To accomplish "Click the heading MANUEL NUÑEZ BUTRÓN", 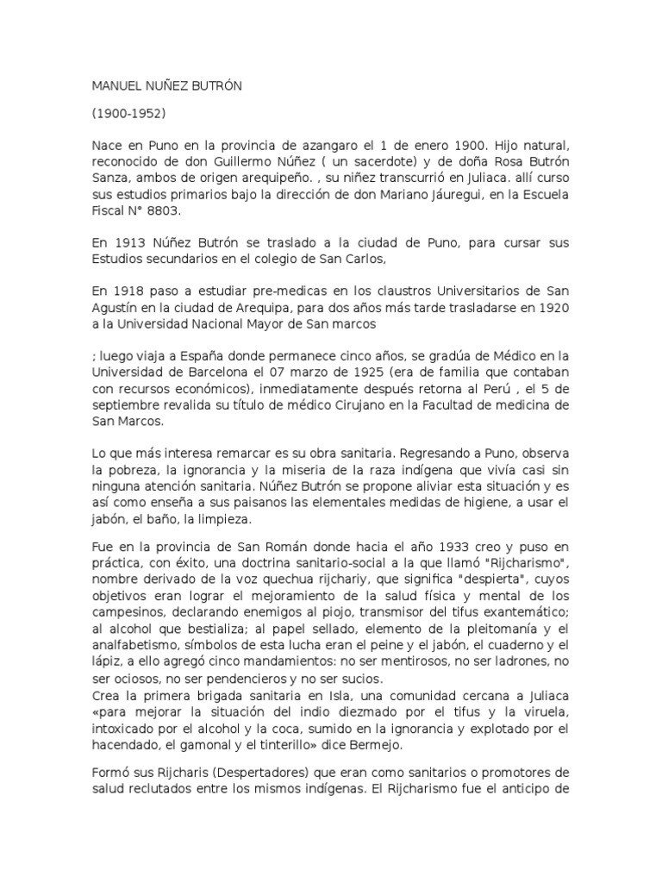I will point(168,87).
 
